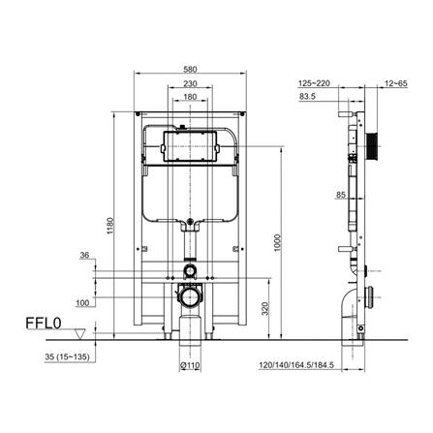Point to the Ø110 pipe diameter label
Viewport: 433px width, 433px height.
click(190, 367)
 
